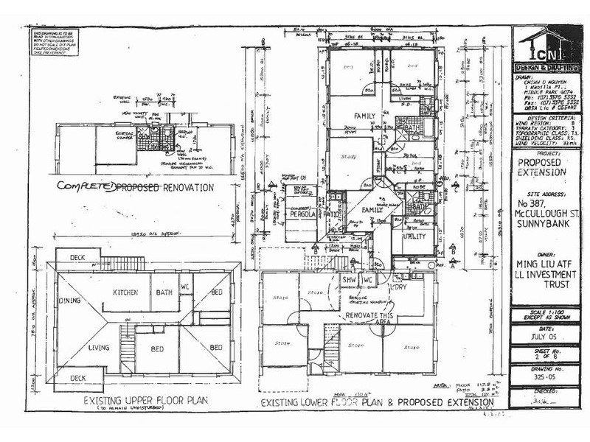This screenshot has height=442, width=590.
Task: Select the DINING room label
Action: coord(72,300)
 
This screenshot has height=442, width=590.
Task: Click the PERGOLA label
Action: coord(301,214)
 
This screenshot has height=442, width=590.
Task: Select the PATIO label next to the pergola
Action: coord(332,214)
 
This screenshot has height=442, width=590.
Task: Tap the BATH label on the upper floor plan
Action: coord(163,292)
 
